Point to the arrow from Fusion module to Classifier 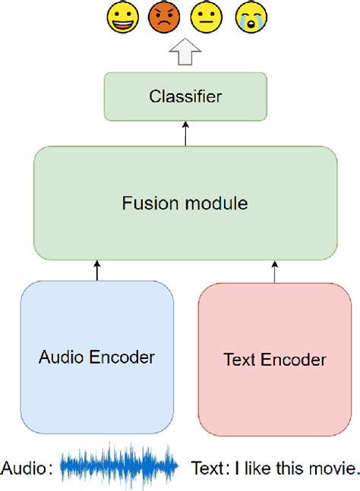click(x=185, y=136)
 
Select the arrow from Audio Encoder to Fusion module click(x=98, y=270)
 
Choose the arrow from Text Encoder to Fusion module click(x=271, y=270)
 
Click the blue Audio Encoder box click(x=97, y=357)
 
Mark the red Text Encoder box click(x=274, y=360)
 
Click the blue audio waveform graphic click(x=120, y=468)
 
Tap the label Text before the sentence click(x=207, y=468)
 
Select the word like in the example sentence click(x=254, y=468)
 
